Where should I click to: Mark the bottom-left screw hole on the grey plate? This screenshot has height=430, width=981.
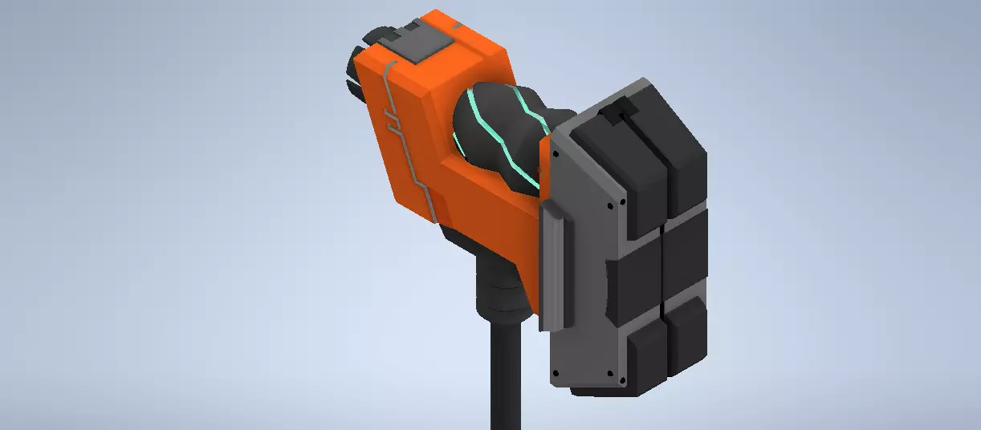click(553, 374)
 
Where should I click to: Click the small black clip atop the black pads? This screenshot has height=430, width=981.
click(619, 113)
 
